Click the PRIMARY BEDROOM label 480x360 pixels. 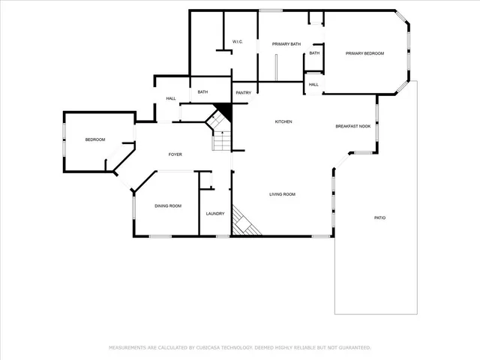coord(364,53)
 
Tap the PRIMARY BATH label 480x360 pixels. coord(286,44)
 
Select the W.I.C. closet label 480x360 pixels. coord(237,41)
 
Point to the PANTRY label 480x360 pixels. coord(243,93)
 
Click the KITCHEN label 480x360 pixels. coord(283,121)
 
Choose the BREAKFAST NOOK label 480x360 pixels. coord(352,126)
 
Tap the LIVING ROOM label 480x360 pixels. coord(283,194)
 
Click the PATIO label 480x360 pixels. coord(380,217)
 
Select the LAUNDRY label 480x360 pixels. coord(215,214)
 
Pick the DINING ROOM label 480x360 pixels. coord(168,205)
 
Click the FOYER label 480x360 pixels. coord(175,154)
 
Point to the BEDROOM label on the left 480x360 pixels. coord(94,139)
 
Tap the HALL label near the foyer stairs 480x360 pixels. coord(171,99)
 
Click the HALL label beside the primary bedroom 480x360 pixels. coord(313,85)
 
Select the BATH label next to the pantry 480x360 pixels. coord(202,92)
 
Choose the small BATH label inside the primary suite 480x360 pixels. coord(314,53)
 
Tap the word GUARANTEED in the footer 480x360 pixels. coord(352,348)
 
